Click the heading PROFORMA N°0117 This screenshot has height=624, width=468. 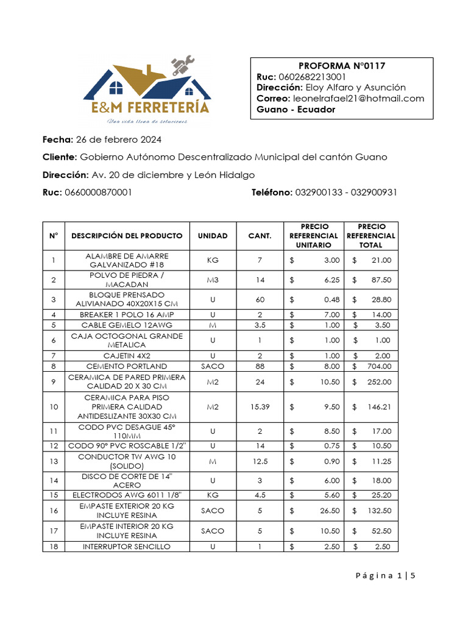[x=342, y=66]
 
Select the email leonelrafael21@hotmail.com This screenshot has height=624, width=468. [x=359, y=99]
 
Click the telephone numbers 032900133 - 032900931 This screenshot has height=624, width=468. [x=346, y=193]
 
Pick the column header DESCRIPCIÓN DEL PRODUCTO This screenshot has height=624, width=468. [x=127, y=236]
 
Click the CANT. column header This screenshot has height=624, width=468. [x=260, y=236]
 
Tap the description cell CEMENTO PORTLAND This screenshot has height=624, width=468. [x=127, y=366]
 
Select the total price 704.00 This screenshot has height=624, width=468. [x=378, y=366]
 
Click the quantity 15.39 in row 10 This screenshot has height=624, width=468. [x=260, y=406]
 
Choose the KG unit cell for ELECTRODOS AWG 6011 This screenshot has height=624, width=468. [x=212, y=495]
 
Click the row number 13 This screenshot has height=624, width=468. [x=54, y=461]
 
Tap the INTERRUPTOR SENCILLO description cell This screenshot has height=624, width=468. [x=127, y=547]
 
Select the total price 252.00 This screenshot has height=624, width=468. [x=378, y=381]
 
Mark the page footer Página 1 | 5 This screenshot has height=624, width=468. [x=383, y=575]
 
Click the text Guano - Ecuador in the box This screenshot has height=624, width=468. [x=296, y=110]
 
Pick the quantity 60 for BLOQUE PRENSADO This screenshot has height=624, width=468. [x=260, y=300]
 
